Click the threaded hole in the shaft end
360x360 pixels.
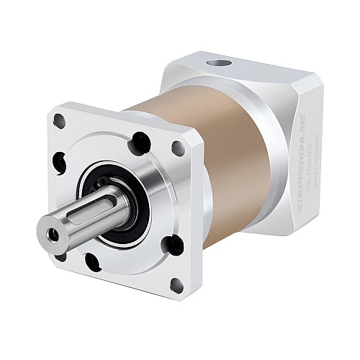(52, 234)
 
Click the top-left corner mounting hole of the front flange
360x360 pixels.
(60, 122)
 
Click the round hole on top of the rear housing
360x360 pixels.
(215, 63)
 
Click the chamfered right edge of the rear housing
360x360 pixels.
(317, 144)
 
